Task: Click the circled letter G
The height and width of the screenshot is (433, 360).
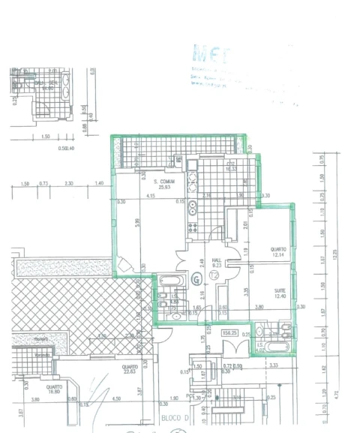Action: [196, 280]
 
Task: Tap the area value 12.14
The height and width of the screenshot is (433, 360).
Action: [279, 255]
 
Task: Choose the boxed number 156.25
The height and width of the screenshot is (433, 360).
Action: [230, 332]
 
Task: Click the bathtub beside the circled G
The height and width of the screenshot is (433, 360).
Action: [169, 282]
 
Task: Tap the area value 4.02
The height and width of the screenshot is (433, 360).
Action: [259, 348]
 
